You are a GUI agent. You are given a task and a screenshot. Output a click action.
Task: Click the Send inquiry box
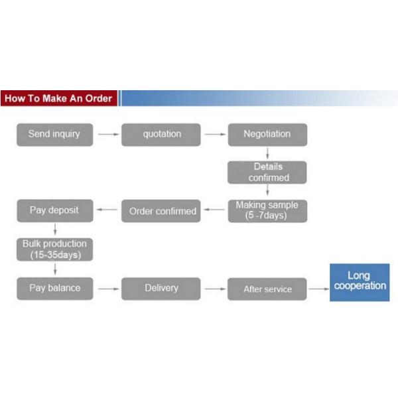coord(54,134)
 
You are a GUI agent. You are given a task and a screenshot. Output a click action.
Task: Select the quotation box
coord(161,134)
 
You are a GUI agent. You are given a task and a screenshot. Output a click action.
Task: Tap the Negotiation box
coord(267,134)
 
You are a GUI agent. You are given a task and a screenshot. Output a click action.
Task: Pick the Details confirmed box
coord(267,172)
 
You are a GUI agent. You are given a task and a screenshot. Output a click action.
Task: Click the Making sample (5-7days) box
coord(267,210)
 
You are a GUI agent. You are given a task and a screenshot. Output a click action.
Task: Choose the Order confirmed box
coord(161,211)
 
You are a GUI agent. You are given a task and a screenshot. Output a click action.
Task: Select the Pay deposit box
coord(54,210)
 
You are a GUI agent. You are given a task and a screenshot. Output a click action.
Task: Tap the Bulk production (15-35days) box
coord(54,249)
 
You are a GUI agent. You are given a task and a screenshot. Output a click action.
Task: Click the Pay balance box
coord(54,288)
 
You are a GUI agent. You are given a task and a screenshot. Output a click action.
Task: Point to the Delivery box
coord(161,288)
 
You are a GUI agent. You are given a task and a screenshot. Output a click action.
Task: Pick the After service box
coord(267,289)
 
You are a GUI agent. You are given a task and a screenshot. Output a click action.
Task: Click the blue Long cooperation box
coord(359,281)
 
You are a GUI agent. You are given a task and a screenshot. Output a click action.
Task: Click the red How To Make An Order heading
coord(58,99)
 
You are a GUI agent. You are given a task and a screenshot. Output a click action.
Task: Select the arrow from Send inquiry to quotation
coord(106,135)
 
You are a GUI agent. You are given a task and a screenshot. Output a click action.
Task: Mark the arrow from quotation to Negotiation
coord(214,135)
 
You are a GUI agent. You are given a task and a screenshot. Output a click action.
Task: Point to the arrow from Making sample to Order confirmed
coord(214,211)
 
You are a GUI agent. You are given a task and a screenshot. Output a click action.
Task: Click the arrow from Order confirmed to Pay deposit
coord(106,211)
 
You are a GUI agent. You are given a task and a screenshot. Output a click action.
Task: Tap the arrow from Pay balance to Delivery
coord(106,289)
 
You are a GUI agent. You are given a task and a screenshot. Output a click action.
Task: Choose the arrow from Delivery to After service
coord(214,289)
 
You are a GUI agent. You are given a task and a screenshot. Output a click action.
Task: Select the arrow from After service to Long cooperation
coord(318,289)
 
